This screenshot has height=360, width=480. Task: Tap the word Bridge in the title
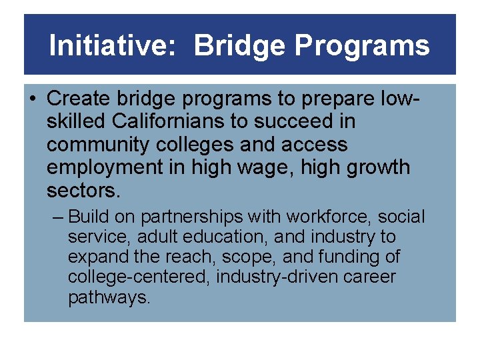[239, 46]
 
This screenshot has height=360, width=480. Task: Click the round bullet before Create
[33, 99]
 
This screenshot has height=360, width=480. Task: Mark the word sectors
[83, 190]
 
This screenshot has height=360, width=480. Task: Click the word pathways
[109, 297]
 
